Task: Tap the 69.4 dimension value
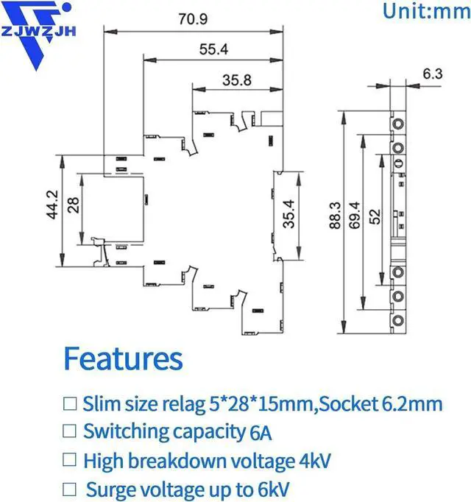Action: coord(355,216)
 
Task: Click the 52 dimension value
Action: coord(375,217)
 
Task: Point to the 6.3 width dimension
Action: coord(433,73)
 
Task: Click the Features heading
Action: coord(123,358)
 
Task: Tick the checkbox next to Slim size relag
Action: coord(70,403)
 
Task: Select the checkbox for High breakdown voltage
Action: coord(70,461)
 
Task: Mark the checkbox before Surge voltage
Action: coord(70,489)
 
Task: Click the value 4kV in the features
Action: coord(316,461)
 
